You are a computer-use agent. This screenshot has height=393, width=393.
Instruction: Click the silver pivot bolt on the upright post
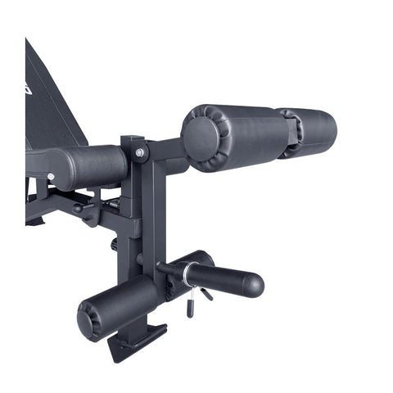click(x=141, y=152)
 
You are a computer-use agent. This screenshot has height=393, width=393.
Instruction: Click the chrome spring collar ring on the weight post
click(x=187, y=273)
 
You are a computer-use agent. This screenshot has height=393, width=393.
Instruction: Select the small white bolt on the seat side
click(x=51, y=176)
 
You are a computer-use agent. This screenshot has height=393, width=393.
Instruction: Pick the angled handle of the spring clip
click(x=206, y=292)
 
